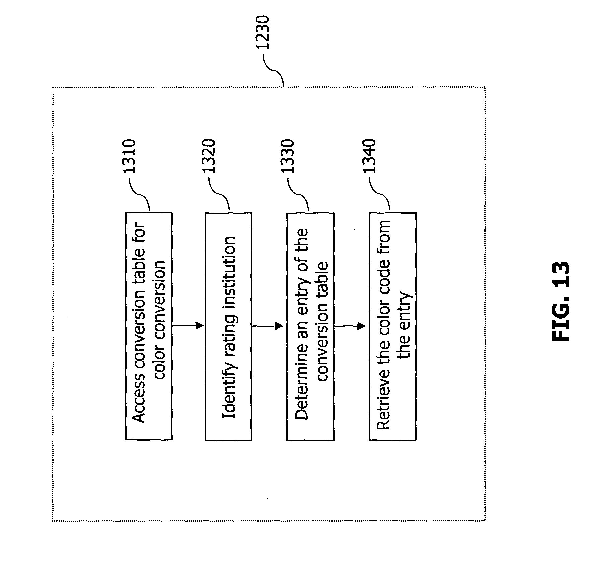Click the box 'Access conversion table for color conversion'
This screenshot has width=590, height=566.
(149, 326)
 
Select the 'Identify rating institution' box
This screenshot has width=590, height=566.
(228, 326)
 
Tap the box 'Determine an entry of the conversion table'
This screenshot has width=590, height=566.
(310, 326)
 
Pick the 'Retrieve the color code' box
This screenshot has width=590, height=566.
(393, 326)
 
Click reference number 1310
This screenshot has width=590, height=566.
(129, 156)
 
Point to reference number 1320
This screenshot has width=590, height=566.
(209, 156)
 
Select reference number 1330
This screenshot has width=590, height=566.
(288, 156)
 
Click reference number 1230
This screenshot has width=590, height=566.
(264, 32)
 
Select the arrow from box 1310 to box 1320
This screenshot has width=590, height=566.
(188, 325)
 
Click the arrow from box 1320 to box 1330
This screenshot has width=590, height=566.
(268, 326)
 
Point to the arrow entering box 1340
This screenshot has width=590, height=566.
(350, 326)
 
